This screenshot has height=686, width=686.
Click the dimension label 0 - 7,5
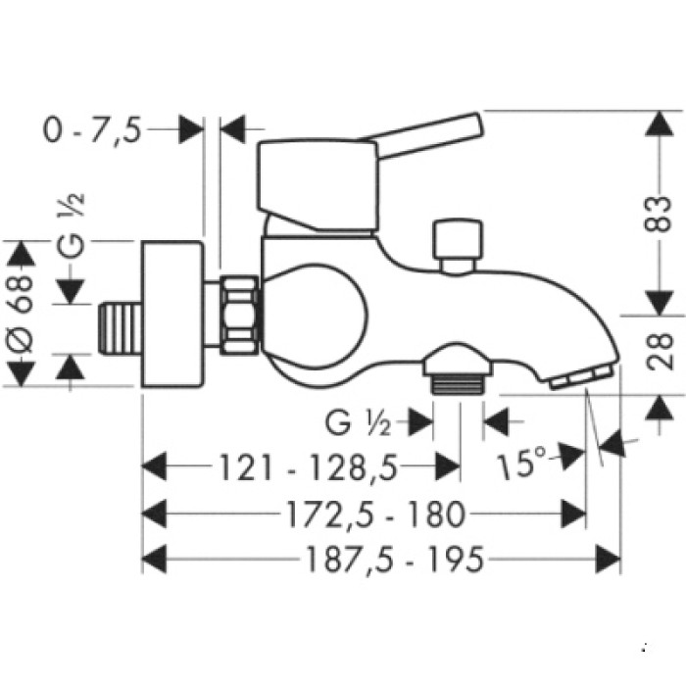[x=92, y=129]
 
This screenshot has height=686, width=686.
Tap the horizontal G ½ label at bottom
[x=359, y=423]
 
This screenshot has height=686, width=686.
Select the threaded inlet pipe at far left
[x=120, y=324]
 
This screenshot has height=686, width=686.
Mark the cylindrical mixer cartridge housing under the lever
[x=316, y=186]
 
